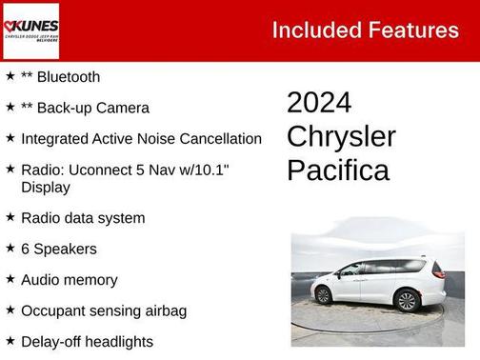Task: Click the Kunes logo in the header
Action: click(x=30, y=30)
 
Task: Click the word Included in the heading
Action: click(x=313, y=30)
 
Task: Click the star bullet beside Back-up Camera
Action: click(x=10, y=108)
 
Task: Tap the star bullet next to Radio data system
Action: click(x=10, y=217)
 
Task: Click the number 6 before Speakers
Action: click(x=26, y=249)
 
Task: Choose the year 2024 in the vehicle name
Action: click(x=319, y=103)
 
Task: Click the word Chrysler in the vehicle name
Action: click(x=341, y=136)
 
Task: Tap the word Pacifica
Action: click(x=338, y=170)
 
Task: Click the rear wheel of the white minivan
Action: click(x=407, y=301)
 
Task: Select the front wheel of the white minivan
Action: click(x=323, y=295)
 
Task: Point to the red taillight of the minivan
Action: click(x=438, y=270)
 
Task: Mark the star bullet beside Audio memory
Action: click(x=10, y=279)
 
